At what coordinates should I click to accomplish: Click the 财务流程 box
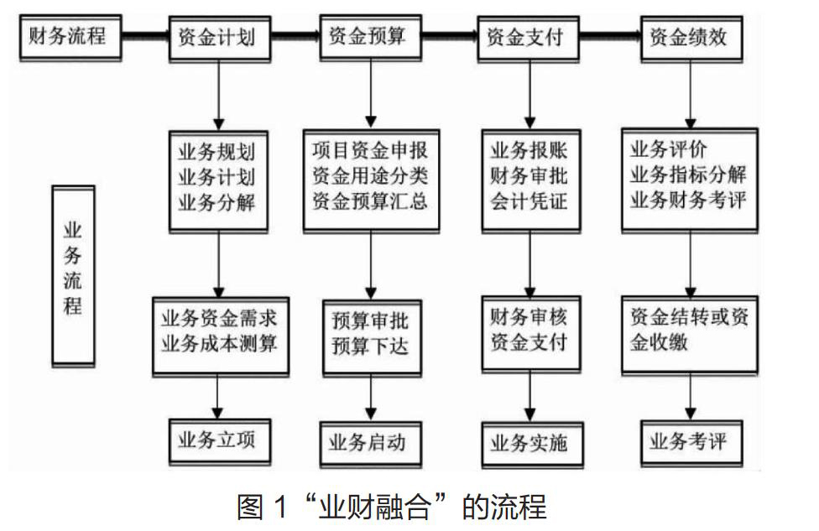[x=70, y=38]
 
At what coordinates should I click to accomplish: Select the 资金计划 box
[x=219, y=39]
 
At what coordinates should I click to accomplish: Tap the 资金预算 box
[x=370, y=38]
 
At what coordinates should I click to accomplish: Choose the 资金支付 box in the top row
[x=528, y=39]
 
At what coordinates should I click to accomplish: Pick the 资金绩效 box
[x=691, y=39]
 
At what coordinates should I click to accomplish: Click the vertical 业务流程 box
[x=73, y=276]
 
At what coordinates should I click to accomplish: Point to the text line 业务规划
[x=216, y=152]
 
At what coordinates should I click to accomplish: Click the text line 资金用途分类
[x=370, y=176]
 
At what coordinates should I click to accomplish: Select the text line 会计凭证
[x=529, y=201]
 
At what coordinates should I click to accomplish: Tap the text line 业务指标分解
[x=688, y=174]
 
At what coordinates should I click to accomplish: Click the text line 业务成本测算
[x=219, y=343]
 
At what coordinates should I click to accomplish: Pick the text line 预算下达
[x=370, y=345]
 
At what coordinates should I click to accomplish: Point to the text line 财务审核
[x=529, y=316]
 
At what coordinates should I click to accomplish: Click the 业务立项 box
[x=219, y=442]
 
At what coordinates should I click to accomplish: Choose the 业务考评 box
[x=691, y=444]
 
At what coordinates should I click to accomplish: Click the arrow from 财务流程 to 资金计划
[x=146, y=36]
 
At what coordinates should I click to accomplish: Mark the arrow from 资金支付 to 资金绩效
[x=610, y=36]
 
